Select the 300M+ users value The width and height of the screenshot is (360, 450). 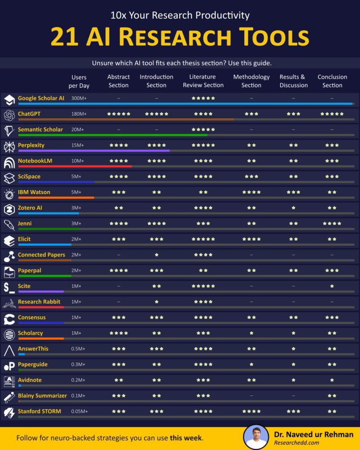[79, 98]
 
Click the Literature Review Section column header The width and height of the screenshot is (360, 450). [202, 81]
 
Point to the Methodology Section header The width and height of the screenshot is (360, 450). [251, 81]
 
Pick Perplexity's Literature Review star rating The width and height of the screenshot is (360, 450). [203, 145]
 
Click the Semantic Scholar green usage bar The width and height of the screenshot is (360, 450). [112, 135]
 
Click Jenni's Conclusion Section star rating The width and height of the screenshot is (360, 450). [332, 224]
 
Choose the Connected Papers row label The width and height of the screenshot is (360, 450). [41, 255]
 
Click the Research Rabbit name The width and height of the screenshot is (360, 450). [39, 301]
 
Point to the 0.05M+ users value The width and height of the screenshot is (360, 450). [80, 411]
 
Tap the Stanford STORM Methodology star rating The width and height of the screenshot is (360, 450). [251, 411]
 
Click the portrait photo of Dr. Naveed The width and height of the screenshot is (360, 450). [256, 437]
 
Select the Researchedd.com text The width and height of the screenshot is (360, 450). [297, 442]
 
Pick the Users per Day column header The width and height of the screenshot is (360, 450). [79, 81]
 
